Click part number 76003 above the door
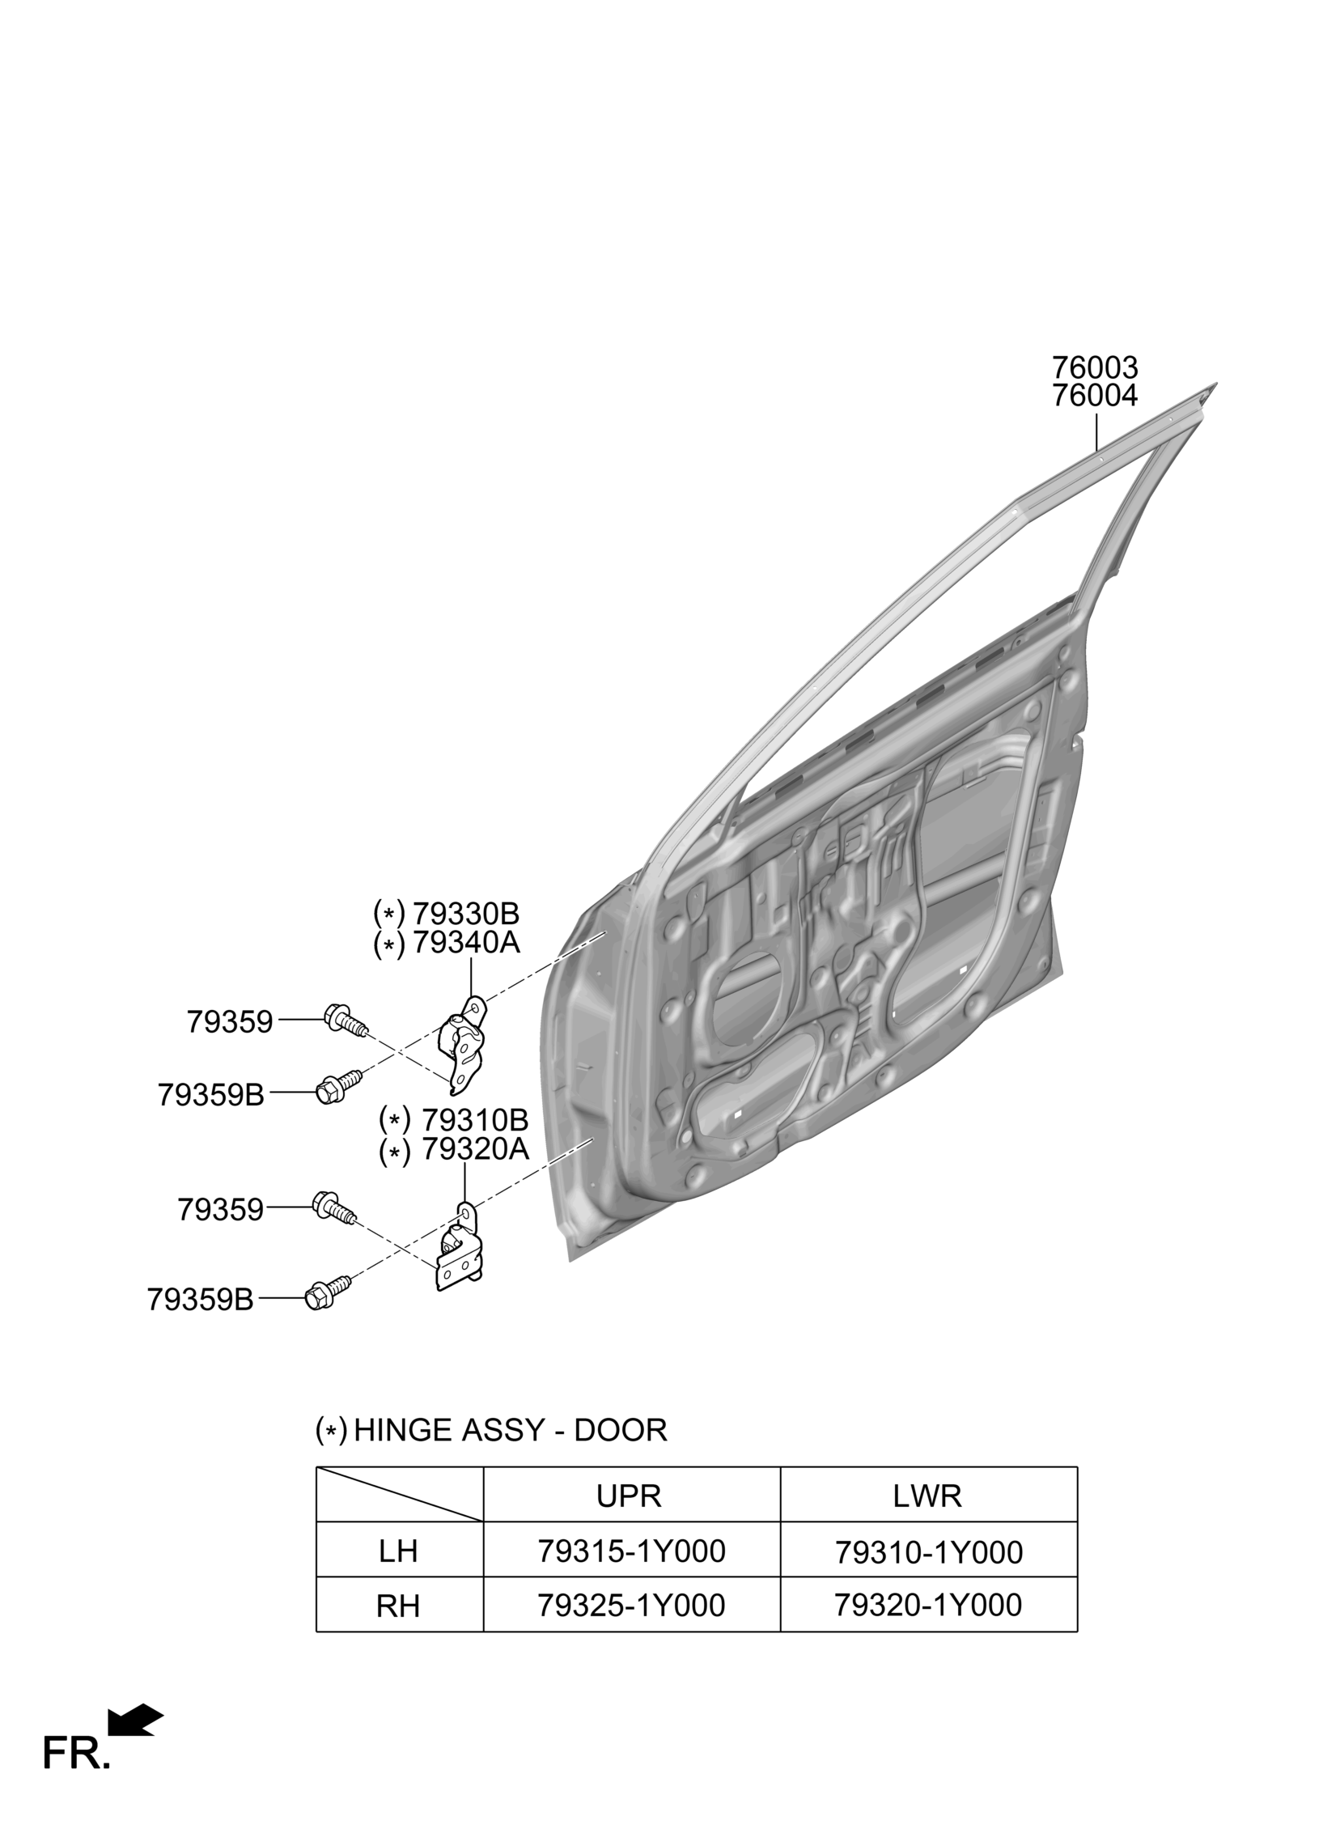(x=1094, y=368)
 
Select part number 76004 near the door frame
(x=1094, y=396)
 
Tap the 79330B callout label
(x=464, y=914)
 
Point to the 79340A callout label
(x=464, y=944)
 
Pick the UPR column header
(x=630, y=1496)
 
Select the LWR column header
(x=927, y=1496)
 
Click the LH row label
(x=398, y=1551)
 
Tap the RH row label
(x=398, y=1606)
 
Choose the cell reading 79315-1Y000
(x=631, y=1551)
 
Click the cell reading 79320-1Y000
(x=928, y=1605)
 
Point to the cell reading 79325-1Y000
(x=631, y=1605)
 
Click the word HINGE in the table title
(x=403, y=1431)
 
